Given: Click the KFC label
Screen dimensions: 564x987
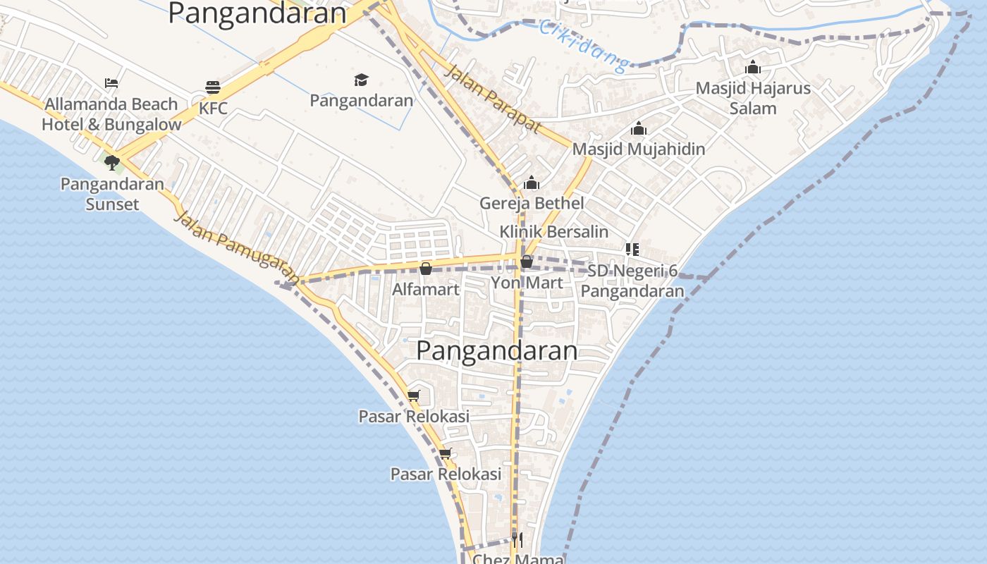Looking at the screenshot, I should [213, 109].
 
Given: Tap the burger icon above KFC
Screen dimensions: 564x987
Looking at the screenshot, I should [213, 88].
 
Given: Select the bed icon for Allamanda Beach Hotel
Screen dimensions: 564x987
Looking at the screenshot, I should [111, 83].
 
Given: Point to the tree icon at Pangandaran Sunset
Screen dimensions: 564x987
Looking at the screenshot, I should [111, 163].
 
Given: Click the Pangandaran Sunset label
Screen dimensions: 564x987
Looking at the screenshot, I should [112, 194].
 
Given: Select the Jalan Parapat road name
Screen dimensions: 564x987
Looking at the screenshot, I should [493, 99].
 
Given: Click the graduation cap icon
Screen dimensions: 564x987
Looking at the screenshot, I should [361, 80].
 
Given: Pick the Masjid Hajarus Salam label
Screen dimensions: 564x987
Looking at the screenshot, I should [753, 98].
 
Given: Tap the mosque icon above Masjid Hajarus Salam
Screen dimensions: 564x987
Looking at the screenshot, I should [753, 68].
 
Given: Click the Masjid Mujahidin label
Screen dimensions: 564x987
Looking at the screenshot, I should [639, 149].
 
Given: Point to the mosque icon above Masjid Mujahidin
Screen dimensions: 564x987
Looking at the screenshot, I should [639, 128].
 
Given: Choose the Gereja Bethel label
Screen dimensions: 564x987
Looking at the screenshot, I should [532, 203].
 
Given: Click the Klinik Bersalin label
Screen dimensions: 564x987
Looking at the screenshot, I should [553, 231].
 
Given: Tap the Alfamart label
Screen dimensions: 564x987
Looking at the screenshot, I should [426, 289].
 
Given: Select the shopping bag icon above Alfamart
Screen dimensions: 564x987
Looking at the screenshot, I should [426, 269].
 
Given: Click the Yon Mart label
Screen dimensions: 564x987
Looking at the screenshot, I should [527, 283].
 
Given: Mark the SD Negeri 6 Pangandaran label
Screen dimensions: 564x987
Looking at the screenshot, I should [632, 281].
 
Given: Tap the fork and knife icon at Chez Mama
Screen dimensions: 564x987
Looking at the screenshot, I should [517, 540].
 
